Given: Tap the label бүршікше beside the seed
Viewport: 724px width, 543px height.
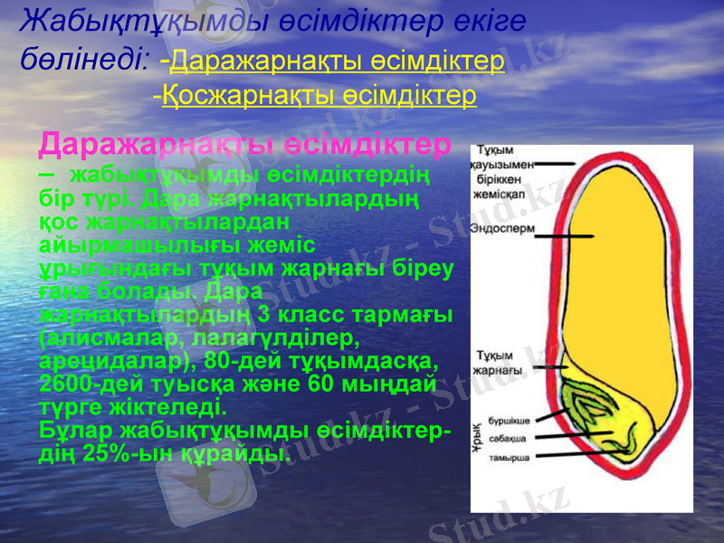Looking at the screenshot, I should pyautogui.click(x=509, y=421).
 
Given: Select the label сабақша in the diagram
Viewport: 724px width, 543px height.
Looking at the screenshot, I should pyautogui.click(x=508, y=439).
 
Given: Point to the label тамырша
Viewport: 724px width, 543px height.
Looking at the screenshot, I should pyautogui.click(x=509, y=457).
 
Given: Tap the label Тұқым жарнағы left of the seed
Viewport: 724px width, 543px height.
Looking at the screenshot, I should pyautogui.click(x=499, y=363).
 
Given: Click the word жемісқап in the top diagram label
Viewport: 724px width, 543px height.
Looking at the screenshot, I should pyautogui.click(x=503, y=193).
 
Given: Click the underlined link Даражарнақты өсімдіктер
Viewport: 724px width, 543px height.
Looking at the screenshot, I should pyautogui.click(x=337, y=62).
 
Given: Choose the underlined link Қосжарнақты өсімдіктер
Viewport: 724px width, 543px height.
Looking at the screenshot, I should pyautogui.click(x=319, y=95).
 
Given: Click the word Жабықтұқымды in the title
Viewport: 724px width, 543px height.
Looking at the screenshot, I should pyautogui.click(x=109, y=21).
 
